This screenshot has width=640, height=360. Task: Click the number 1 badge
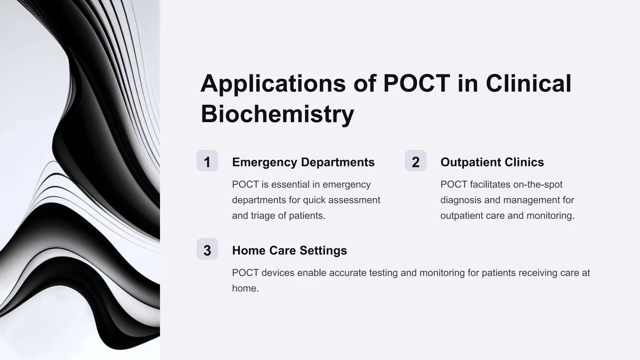[207, 161]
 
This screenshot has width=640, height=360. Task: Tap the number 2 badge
[416, 161]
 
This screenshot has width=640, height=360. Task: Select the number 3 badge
[207, 249]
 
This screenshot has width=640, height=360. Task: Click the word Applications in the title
[273, 84]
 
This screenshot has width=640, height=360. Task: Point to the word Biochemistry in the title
[277, 114]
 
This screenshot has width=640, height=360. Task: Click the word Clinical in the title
[528, 84]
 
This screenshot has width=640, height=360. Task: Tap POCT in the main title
[416, 84]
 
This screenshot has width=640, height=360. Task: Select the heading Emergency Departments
[303, 162]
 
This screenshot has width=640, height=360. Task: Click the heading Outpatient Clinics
[492, 162]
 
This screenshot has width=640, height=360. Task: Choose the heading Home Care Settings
[289, 251]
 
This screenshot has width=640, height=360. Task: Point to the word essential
[291, 184]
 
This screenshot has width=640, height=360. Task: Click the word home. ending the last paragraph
[245, 288]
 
